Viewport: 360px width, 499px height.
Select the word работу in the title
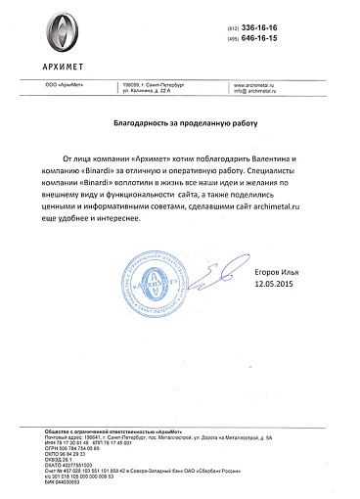tap(242, 126)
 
